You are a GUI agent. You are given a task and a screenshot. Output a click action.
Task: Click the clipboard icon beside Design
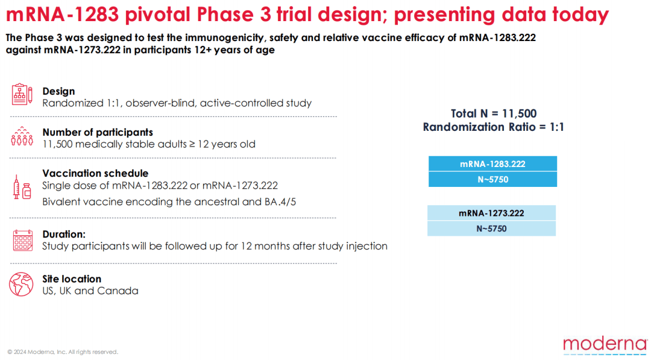pos(22,94)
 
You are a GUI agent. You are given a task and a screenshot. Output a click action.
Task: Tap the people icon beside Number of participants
pos(22,137)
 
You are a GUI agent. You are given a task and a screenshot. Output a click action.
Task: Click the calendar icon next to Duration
pos(23,241)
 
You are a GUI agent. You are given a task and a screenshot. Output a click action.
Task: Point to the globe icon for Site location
pos(21,285)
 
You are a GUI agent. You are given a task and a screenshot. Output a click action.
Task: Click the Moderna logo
pos(605,346)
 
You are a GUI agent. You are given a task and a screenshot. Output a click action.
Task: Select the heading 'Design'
pos(58,91)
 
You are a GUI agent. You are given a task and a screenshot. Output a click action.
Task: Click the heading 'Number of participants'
pos(98,133)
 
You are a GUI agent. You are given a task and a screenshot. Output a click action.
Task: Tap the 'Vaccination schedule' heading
pos(95,173)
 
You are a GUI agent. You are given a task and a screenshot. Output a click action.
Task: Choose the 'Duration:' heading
pos(64,234)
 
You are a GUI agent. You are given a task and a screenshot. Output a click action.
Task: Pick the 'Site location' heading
pos(72,279)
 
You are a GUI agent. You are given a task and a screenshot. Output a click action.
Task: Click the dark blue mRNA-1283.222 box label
pos(493,163)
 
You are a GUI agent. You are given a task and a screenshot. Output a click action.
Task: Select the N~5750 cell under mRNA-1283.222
pos(493,179)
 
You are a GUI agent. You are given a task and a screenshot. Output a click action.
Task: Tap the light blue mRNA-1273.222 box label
pos(492,213)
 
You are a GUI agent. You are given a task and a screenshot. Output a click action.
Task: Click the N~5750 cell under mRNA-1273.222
pos(492,229)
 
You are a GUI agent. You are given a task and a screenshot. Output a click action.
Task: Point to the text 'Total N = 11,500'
pos(494,113)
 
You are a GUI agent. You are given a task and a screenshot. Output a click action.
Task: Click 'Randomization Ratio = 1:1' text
pos(494,127)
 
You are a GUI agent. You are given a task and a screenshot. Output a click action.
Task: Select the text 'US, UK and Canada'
pos(90,291)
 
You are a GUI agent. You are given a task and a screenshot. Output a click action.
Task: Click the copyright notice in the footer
pos(63,352)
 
